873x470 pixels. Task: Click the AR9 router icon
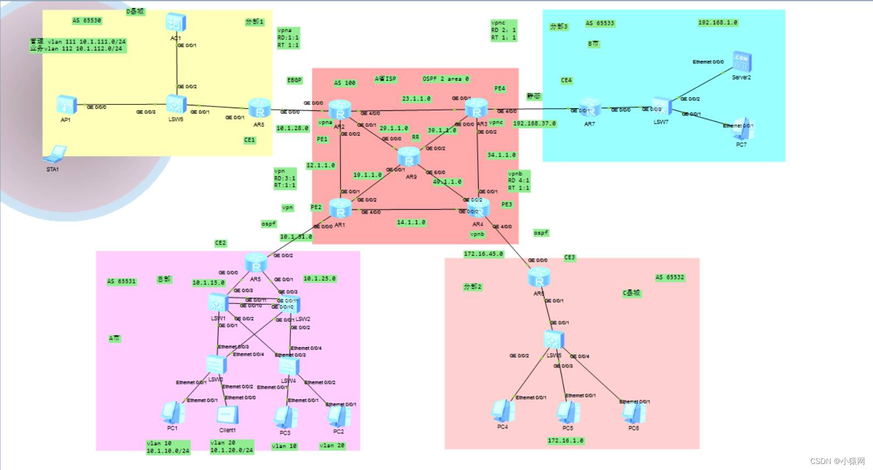409,157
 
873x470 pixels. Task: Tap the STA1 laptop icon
55,154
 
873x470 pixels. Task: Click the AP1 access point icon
66,105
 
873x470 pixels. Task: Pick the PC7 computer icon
741,128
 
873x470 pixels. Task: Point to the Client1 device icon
227,416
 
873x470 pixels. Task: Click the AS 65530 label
87,21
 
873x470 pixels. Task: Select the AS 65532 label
670,277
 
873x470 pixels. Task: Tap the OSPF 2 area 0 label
446,79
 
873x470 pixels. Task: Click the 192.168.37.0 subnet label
534,124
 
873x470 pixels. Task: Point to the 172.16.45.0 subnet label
483,254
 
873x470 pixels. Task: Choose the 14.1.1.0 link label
411,222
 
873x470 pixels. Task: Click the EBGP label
294,80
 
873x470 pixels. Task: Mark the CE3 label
569,257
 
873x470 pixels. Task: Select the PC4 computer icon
502,411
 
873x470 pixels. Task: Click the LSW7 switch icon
661,107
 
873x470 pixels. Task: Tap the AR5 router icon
256,262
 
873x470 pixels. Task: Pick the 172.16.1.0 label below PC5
566,440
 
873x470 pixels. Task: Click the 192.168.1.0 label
718,23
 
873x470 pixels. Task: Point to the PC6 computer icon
634,413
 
